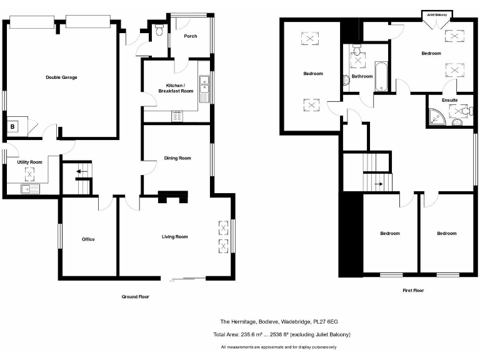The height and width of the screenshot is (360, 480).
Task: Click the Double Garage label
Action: point(61,77)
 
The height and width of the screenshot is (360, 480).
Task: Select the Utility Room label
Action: point(29,162)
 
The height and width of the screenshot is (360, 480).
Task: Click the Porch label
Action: point(191,36)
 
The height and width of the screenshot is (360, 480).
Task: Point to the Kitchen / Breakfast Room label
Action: point(179,88)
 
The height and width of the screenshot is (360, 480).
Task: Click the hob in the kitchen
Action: point(177,116)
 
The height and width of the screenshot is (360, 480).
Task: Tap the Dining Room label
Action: point(177,158)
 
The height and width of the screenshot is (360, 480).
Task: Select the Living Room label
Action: point(175,237)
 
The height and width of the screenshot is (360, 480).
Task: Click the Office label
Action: point(88,239)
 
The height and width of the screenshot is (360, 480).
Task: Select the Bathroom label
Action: point(362,76)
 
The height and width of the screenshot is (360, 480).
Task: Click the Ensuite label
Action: point(449,100)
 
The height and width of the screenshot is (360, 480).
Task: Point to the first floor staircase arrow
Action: point(377,184)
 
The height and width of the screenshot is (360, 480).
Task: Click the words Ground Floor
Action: point(135,297)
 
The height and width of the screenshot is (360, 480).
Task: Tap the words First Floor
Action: point(413,291)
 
